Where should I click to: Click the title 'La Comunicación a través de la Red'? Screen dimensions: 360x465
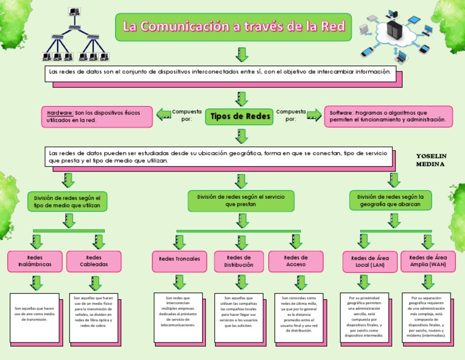point(234,27)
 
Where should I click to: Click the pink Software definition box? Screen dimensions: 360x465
point(388,116)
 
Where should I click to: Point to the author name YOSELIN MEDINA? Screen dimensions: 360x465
point(431,160)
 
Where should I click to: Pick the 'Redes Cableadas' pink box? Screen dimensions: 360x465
point(94,261)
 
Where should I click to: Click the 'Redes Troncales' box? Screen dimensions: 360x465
point(179,259)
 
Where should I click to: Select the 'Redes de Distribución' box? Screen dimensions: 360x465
point(239,261)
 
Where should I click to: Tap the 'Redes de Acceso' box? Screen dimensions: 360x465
point(295,261)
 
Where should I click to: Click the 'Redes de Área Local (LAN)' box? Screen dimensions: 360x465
point(370,262)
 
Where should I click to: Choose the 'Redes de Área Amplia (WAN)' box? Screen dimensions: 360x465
point(428,261)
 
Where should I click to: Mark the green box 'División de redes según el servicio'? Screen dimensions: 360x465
point(240,201)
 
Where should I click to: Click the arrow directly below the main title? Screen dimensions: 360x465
point(242,55)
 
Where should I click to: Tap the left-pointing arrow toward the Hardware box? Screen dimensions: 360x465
point(163,114)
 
